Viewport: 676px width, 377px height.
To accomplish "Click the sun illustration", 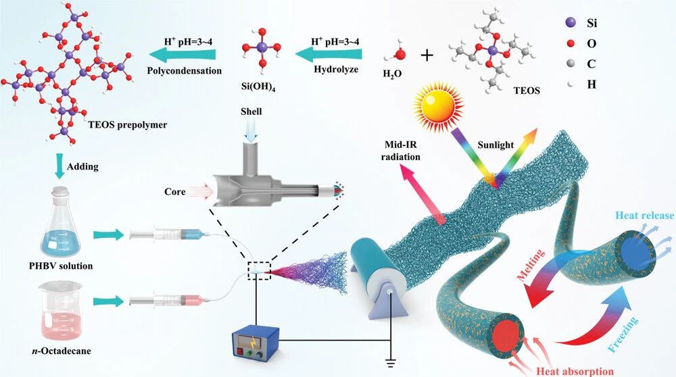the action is [x=438, y=106].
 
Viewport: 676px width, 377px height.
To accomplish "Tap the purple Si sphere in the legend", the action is [x=571, y=23].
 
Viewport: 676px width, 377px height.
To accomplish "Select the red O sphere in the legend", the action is [x=571, y=43].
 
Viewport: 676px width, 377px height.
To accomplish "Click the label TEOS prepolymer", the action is [x=128, y=125].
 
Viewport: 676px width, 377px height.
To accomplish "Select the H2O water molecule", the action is [x=398, y=53].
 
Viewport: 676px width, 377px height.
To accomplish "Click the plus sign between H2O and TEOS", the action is [x=427, y=55].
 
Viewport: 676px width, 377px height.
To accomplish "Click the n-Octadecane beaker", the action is [x=60, y=310].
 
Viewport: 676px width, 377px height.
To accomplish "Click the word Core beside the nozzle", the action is [x=174, y=191].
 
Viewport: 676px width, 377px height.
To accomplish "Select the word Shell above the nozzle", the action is [x=251, y=111].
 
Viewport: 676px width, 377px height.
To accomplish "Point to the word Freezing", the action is [x=623, y=334].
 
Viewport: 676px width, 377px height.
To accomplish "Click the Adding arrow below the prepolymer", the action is [x=59, y=167].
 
